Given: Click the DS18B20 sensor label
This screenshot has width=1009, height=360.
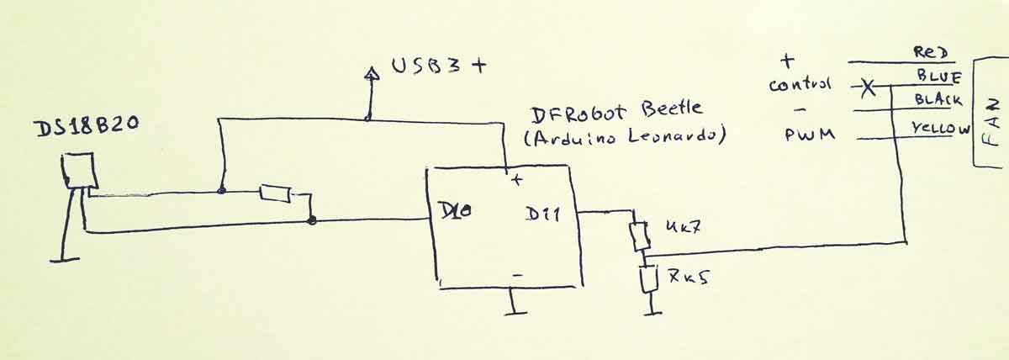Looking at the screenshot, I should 85,128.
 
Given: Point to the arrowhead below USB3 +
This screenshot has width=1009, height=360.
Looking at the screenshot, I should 368,75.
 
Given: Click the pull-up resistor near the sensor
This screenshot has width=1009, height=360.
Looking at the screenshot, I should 275,193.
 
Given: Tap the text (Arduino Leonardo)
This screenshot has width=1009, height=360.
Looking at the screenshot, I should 624,139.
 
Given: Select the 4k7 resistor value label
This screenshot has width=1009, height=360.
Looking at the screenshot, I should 683,228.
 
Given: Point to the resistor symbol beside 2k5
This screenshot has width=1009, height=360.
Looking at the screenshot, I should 647,279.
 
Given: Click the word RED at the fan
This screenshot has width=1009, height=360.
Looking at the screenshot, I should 930,53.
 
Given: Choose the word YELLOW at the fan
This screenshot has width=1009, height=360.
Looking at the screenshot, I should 941,129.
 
